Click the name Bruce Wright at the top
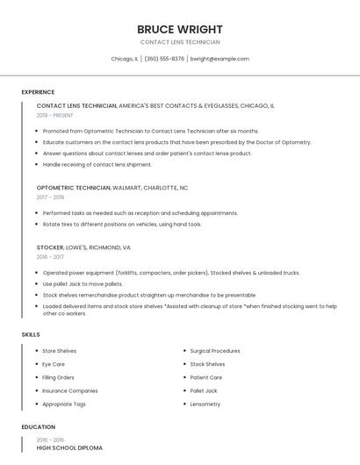[180, 29]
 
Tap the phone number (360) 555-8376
[164, 59]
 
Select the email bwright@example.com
[220, 59]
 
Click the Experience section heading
[38, 92]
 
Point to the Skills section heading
[31, 334]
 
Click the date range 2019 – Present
[55, 115]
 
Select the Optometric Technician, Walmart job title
[112, 188]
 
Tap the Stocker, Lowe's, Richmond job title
[83, 247]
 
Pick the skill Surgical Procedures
[215, 351]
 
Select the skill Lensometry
[205, 404]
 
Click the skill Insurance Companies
[70, 390]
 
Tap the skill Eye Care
[54, 364]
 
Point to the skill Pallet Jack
[204, 390]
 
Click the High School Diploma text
[69, 448]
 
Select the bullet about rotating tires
[122, 224]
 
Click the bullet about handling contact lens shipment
[97, 164]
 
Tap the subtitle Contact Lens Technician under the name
[180, 42]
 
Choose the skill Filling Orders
[59, 377]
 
